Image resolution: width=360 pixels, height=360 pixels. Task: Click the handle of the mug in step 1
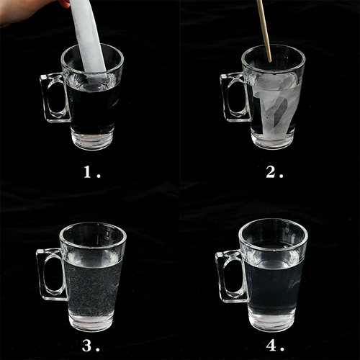(x=51, y=97)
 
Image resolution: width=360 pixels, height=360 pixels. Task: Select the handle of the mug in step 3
(x=48, y=274)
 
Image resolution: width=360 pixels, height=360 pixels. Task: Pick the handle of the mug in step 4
(x=227, y=274)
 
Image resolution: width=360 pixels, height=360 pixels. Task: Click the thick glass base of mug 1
(x=92, y=140)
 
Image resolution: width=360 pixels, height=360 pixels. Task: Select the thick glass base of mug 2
(x=273, y=140)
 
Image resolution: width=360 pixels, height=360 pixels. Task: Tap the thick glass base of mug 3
(x=91, y=322)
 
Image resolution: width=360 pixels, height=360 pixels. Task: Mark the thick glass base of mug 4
(x=273, y=322)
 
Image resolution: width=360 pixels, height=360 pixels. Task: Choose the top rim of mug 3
(x=93, y=225)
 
